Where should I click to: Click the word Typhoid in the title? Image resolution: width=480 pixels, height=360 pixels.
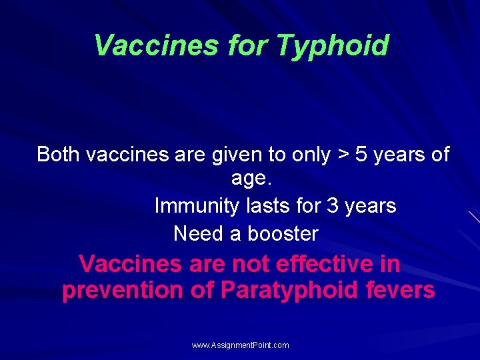332,46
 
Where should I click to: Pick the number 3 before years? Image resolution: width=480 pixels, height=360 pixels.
333,206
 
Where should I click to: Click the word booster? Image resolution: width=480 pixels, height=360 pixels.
283,234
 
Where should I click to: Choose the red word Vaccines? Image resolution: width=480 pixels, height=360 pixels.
129,264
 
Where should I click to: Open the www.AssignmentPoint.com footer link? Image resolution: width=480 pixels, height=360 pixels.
240,345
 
